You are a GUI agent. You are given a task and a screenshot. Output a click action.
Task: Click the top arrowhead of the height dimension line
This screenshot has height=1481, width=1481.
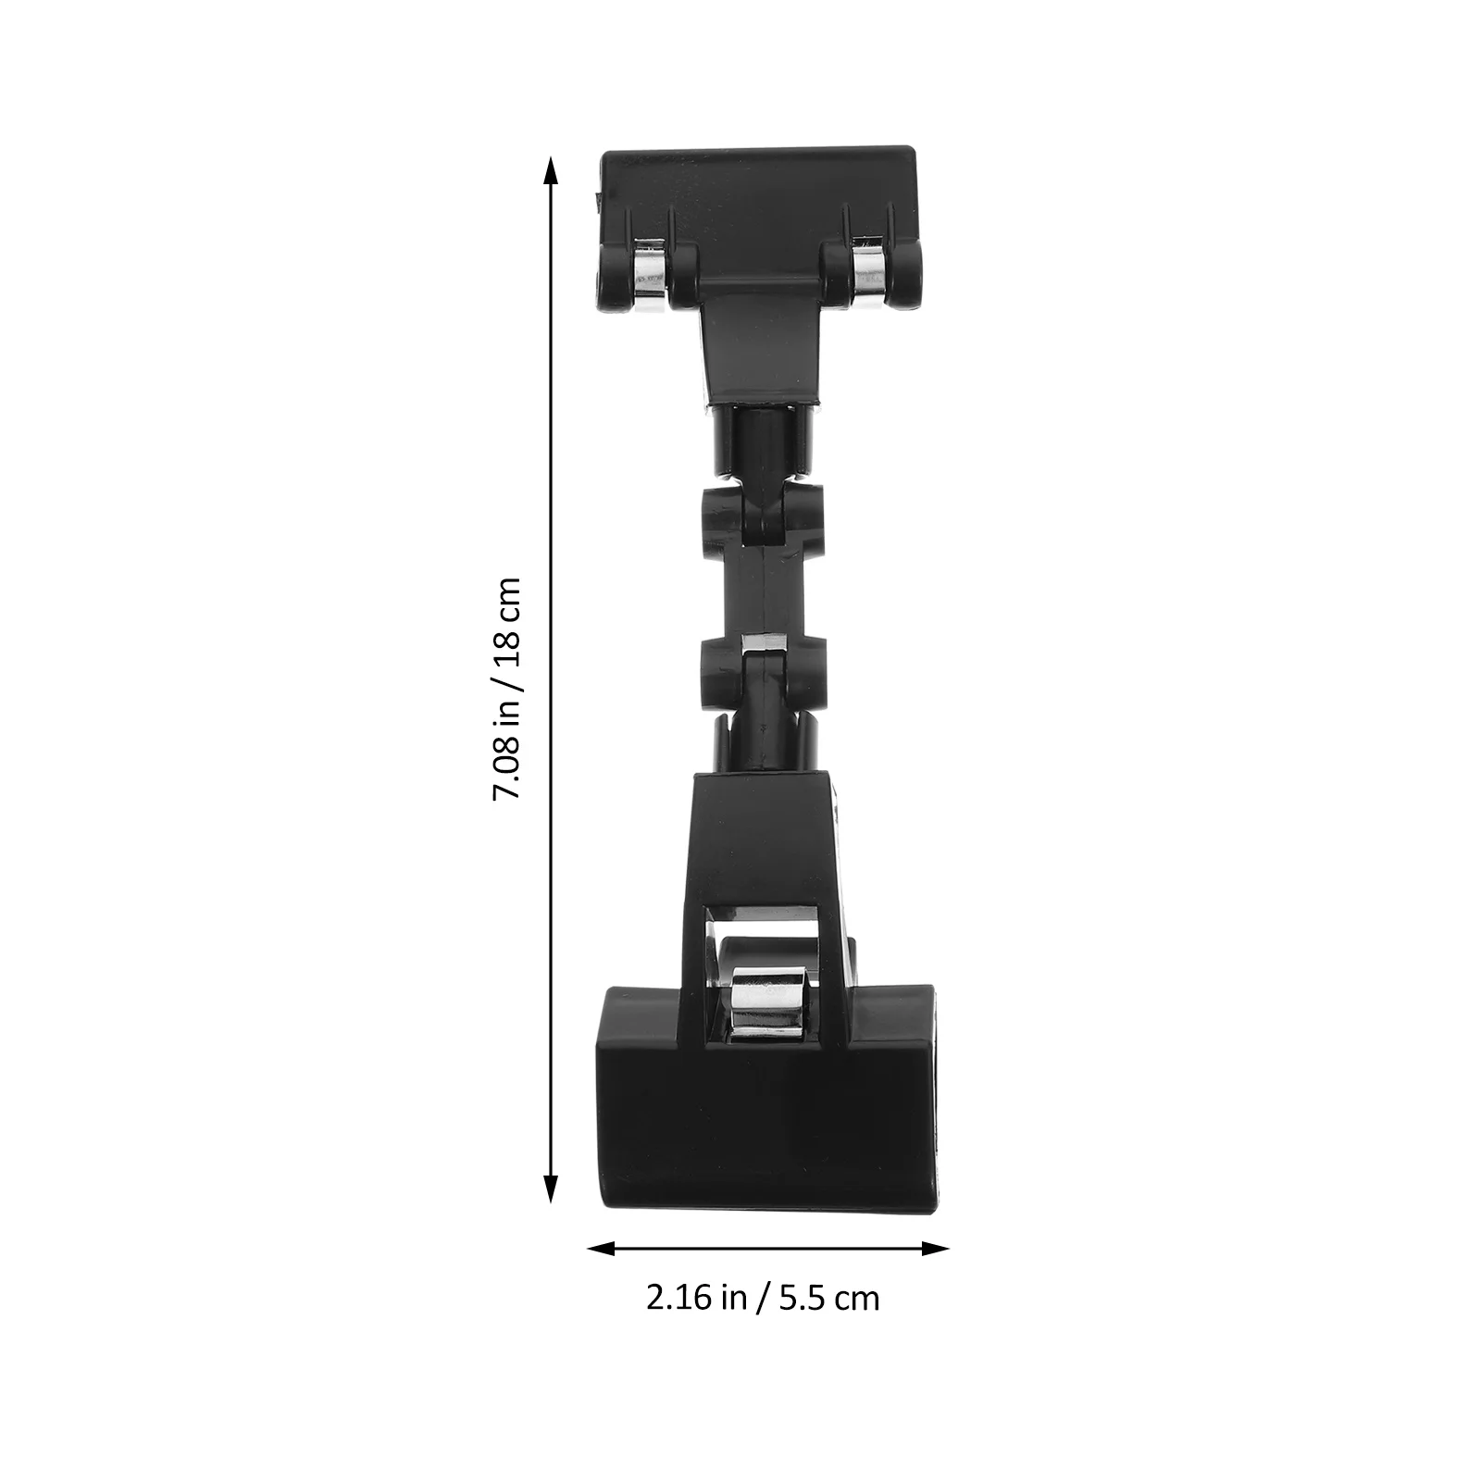point(551,171)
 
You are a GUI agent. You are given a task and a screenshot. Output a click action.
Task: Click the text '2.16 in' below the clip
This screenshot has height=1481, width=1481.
point(696,1298)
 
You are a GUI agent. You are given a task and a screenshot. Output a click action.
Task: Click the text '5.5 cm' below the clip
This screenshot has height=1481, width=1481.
point(829,1298)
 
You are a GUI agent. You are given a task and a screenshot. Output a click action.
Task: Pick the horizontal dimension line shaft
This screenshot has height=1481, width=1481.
point(768,1249)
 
